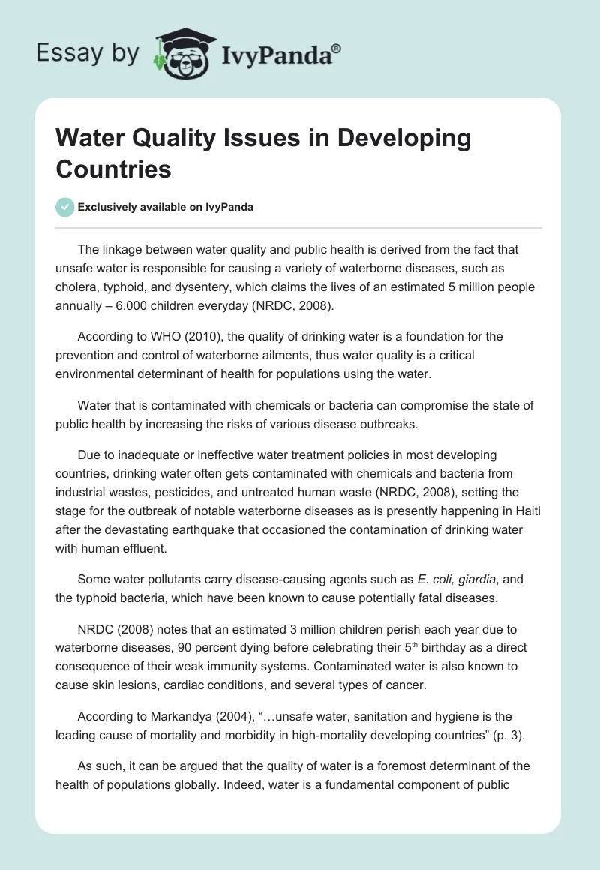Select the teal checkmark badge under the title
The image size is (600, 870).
click(x=65, y=207)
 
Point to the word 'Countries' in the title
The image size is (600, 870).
click(x=113, y=169)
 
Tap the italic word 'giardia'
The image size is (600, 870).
click(x=476, y=580)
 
